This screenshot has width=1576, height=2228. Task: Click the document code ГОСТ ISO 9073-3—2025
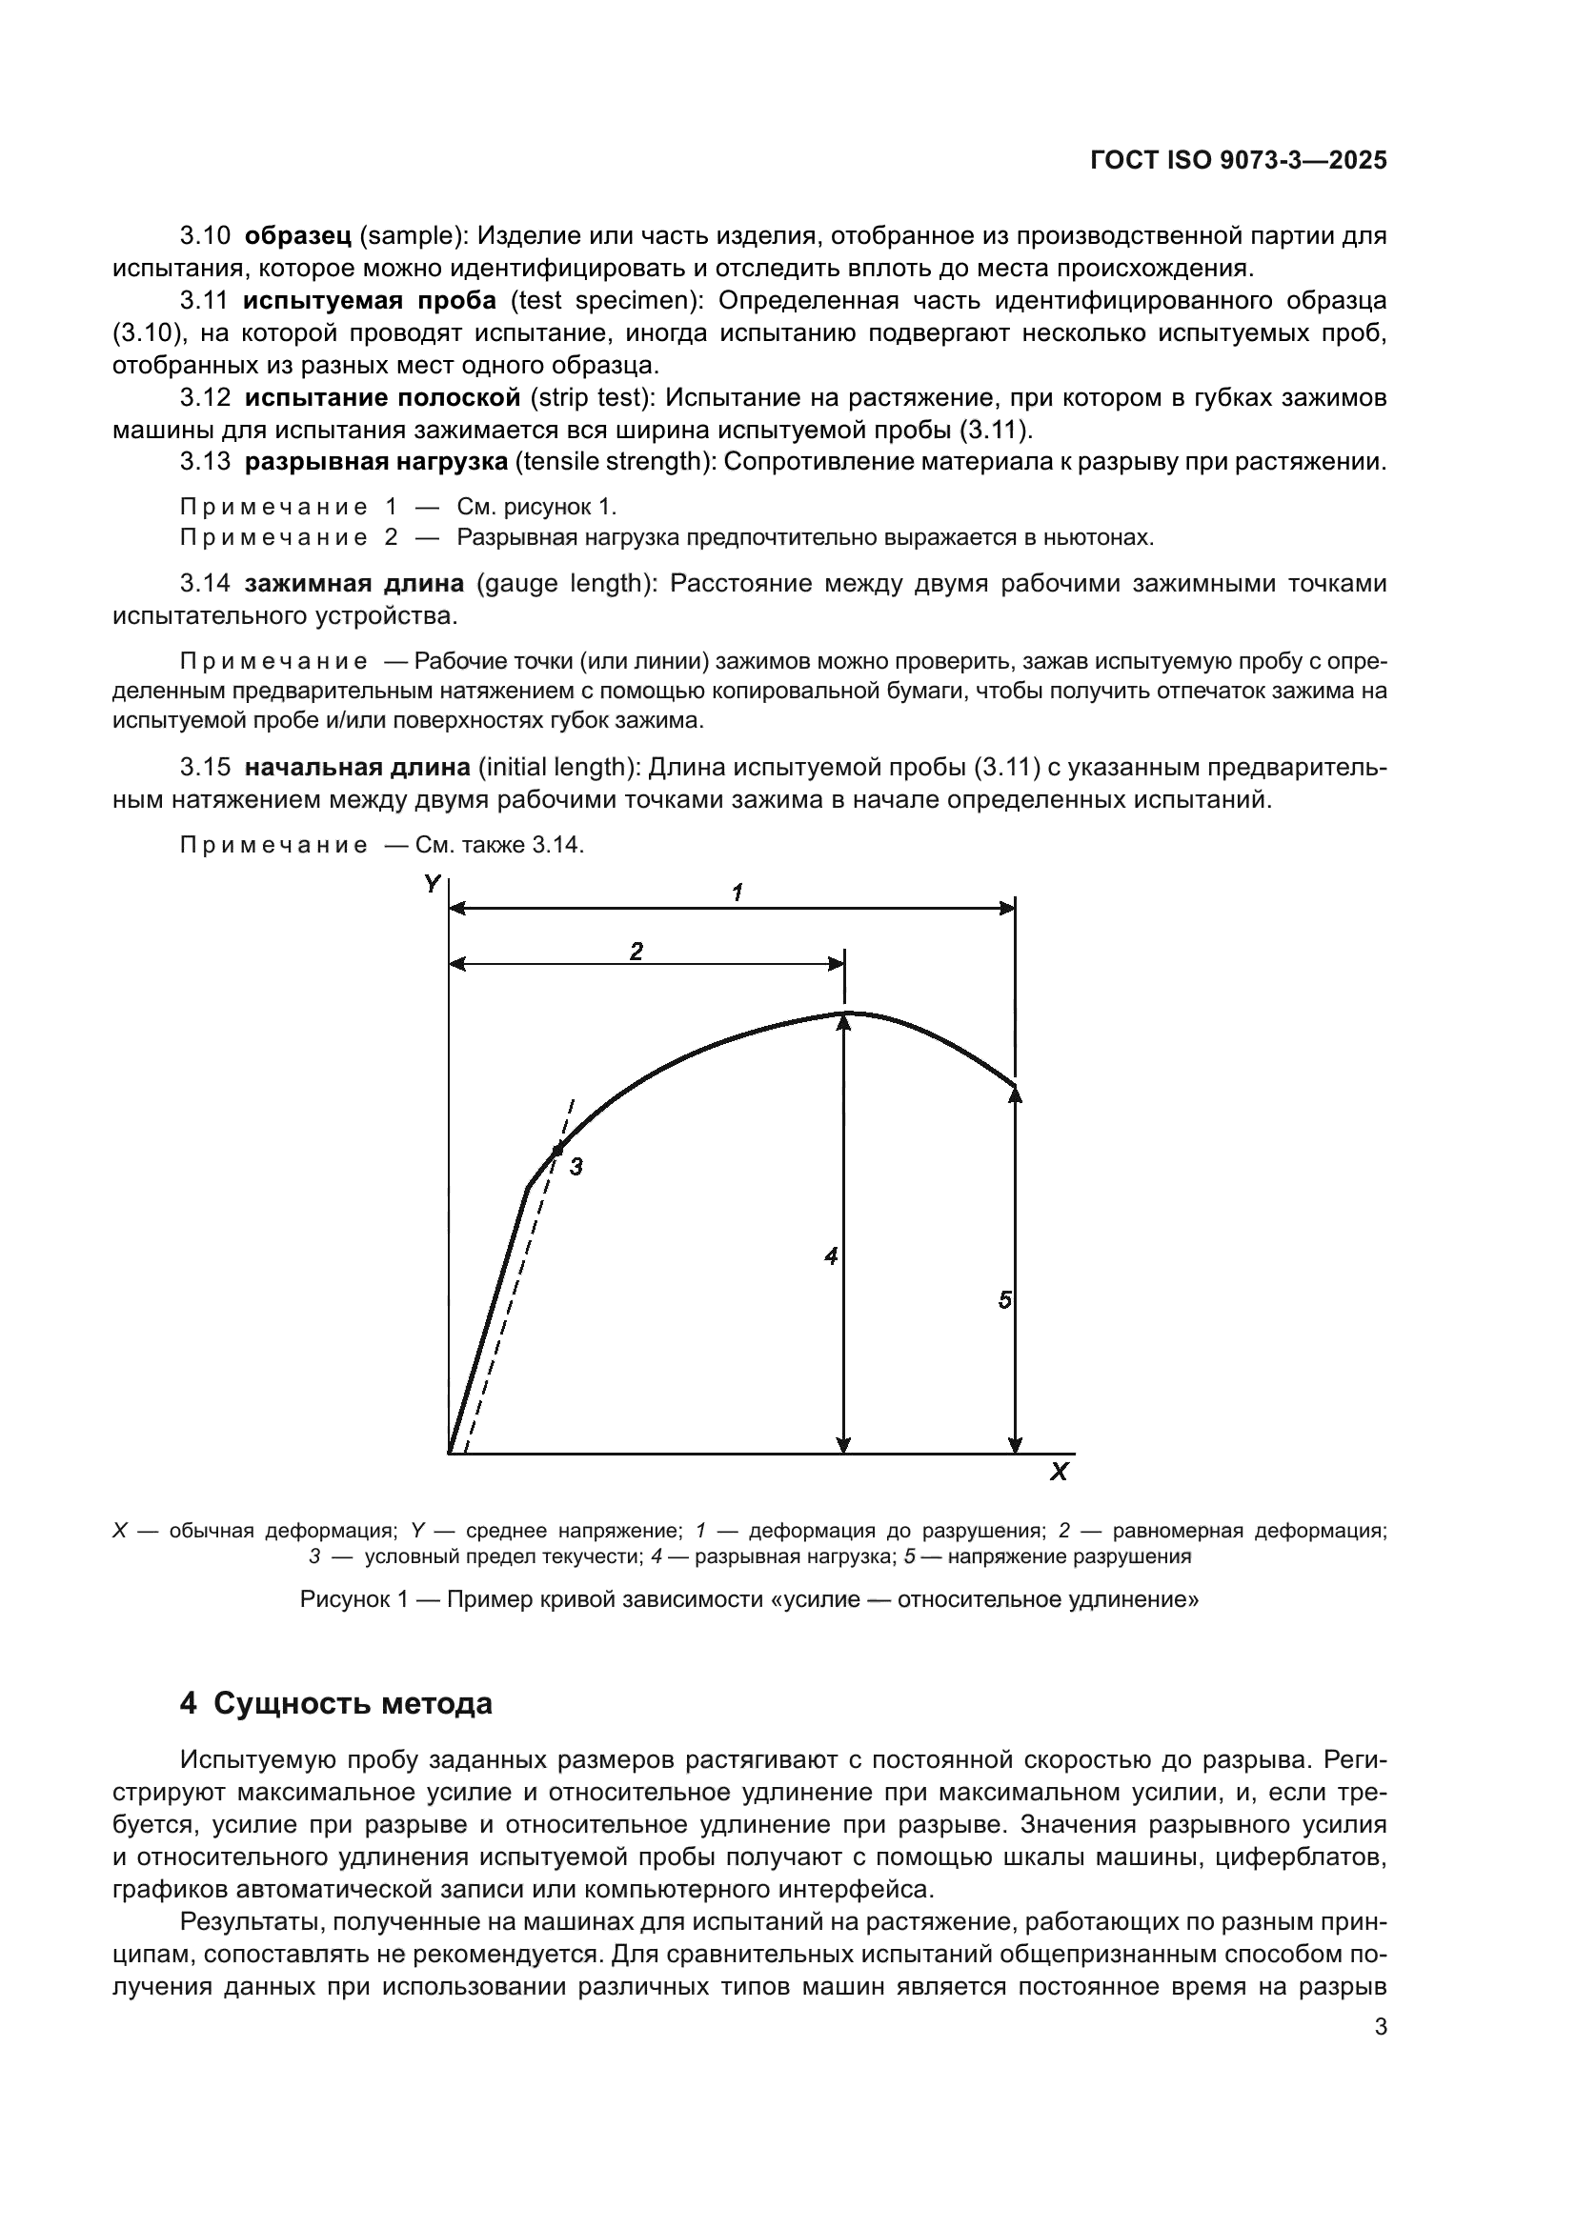click(x=1239, y=160)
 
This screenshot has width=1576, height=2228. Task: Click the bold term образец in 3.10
click(x=297, y=235)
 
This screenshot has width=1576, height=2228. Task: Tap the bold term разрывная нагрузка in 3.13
click(x=375, y=461)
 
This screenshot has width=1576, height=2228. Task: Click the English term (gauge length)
click(x=563, y=583)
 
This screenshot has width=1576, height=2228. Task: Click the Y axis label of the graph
click(x=432, y=883)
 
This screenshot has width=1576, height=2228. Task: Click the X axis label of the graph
click(x=1059, y=1472)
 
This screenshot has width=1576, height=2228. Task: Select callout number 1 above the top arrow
click(x=737, y=892)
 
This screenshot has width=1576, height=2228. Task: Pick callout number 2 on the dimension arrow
click(x=636, y=951)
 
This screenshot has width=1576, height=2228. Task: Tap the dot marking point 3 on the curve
click(x=557, y=1151)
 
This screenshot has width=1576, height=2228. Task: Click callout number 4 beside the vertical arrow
click(x=831, y=1255)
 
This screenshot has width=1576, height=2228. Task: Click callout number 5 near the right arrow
click(x=1004, y=1299)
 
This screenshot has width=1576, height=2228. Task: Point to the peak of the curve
click(x=846, y=1014)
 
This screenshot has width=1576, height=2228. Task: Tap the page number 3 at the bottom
click(x=1380, y=2055)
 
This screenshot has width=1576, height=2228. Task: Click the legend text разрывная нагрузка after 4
click(x=781, y=1556)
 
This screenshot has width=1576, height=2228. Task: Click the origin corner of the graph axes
click(x=450, y=1454)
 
